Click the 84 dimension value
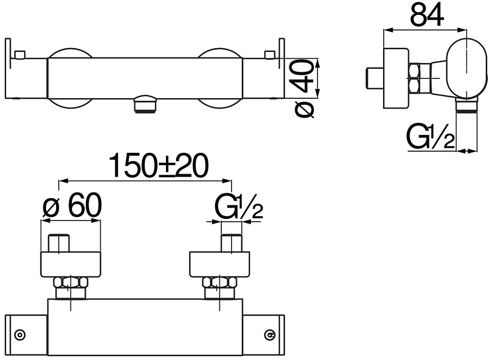click(x=427, y=15)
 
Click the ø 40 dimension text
click(x=304, y=90)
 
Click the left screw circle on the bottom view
click(x=20, y=334)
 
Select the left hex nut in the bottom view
click(x=71, y=283)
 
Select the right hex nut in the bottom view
click(x=220, y=283)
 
